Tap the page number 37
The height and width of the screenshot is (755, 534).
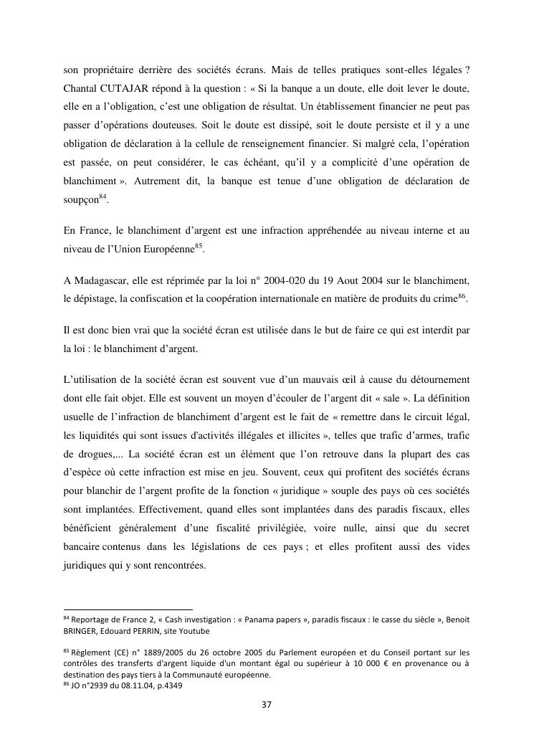[267, 705]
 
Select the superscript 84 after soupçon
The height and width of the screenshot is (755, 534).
[102, 197]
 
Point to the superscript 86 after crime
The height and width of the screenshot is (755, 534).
[462, 315]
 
